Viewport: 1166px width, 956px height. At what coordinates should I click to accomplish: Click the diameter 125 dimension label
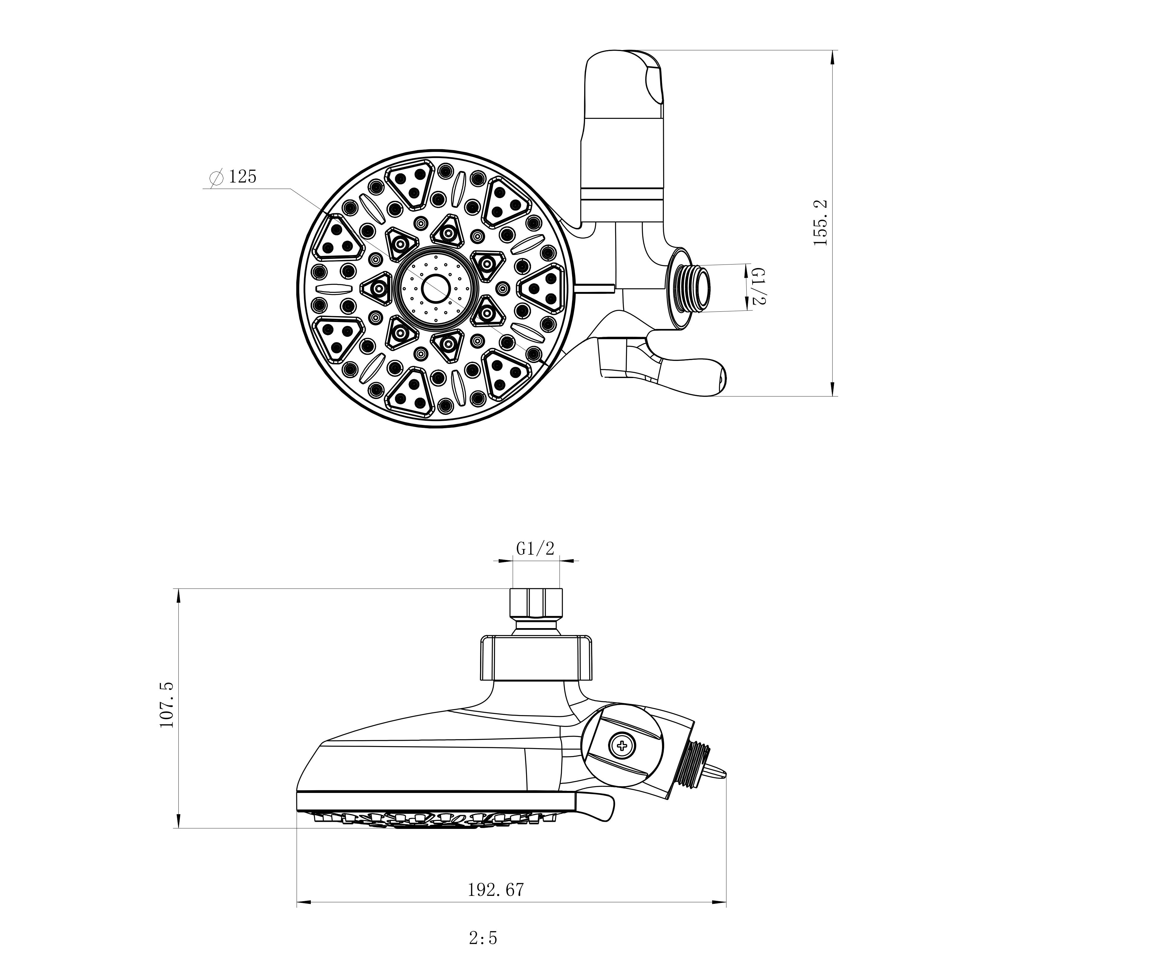click(233, 177)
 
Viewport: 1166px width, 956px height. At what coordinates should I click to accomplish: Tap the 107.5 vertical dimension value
click(166, 705)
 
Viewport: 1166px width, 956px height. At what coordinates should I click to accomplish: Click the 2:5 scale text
click(483, 938)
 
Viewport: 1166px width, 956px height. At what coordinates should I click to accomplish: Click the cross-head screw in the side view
click(622, 746)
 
